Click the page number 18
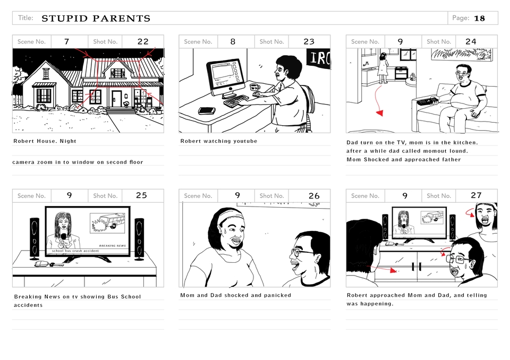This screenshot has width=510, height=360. click(479, 18)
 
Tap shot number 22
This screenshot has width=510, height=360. click(143, 41)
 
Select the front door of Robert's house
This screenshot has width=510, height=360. click(116, 98)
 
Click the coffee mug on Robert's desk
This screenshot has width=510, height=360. click(254, 88)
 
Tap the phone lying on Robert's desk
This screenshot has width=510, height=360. click(207, 110)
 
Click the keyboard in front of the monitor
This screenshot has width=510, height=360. click(236, 100)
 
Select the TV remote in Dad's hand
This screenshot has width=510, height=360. click(427, 101)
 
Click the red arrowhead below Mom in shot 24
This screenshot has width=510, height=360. click(380, 113)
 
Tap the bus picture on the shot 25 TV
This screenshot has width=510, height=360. click(107, 223)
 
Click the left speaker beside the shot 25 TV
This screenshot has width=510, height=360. click(35, 239)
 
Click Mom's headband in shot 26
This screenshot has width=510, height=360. click(230, 215)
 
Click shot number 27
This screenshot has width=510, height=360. click(476, 195)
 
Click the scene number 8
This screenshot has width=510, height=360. click(233, 41)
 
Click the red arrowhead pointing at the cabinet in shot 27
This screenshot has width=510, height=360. click(394, 270)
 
